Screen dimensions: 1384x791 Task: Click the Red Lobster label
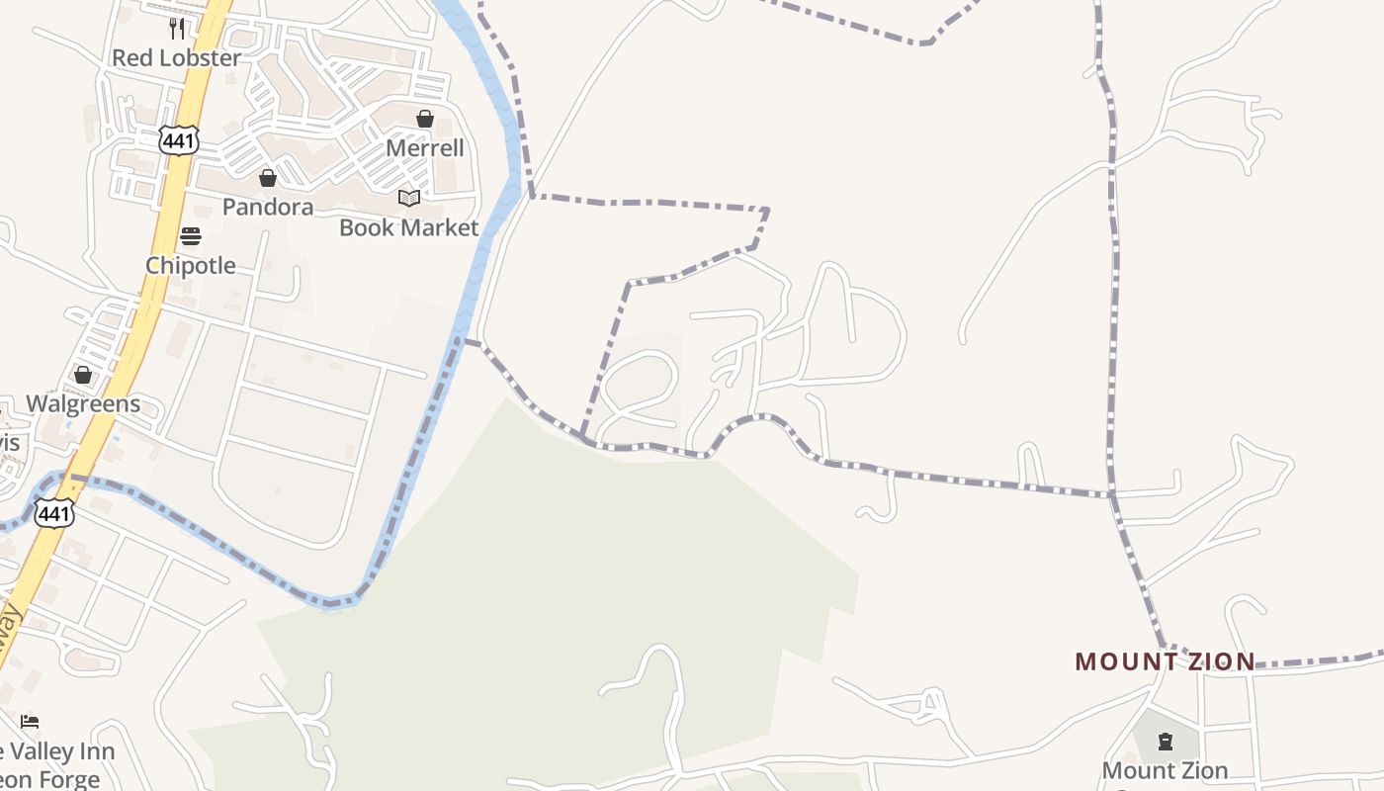[175, 58]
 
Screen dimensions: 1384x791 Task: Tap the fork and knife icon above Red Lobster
[176, 28]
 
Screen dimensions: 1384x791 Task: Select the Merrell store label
[424, 148]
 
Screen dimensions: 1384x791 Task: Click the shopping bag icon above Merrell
[425, 119]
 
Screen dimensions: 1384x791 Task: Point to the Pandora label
[267, 207]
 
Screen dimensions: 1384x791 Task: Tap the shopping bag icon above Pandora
[267, 178]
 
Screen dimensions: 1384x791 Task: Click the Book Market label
[408, 227]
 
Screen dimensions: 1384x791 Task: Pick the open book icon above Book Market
[409, 199]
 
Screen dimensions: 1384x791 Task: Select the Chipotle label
[191, 265]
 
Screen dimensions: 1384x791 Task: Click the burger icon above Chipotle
[191, 236]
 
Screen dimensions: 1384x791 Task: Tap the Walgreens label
[83, 403]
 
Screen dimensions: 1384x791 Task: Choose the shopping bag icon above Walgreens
[83, 375]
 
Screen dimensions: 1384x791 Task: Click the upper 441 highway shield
[179, 140]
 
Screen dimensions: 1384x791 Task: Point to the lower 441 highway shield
[53, 512]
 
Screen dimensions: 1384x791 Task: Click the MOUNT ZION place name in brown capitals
[1165, 661]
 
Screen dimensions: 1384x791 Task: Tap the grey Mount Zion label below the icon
[1165, 770]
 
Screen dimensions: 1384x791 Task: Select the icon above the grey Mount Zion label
[1165, 742]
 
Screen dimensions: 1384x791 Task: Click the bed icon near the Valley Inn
[30, 722]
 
